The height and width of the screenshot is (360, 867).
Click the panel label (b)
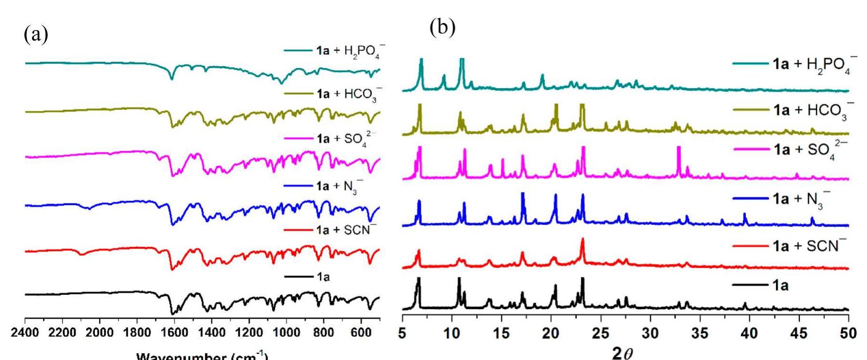(x=442, y=28)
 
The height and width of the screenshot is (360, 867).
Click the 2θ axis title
(x=623, y=353)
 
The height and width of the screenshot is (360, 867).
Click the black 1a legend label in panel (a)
(x=323, y=276)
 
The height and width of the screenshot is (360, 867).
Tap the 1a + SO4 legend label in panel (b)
(x=810, y=149)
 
